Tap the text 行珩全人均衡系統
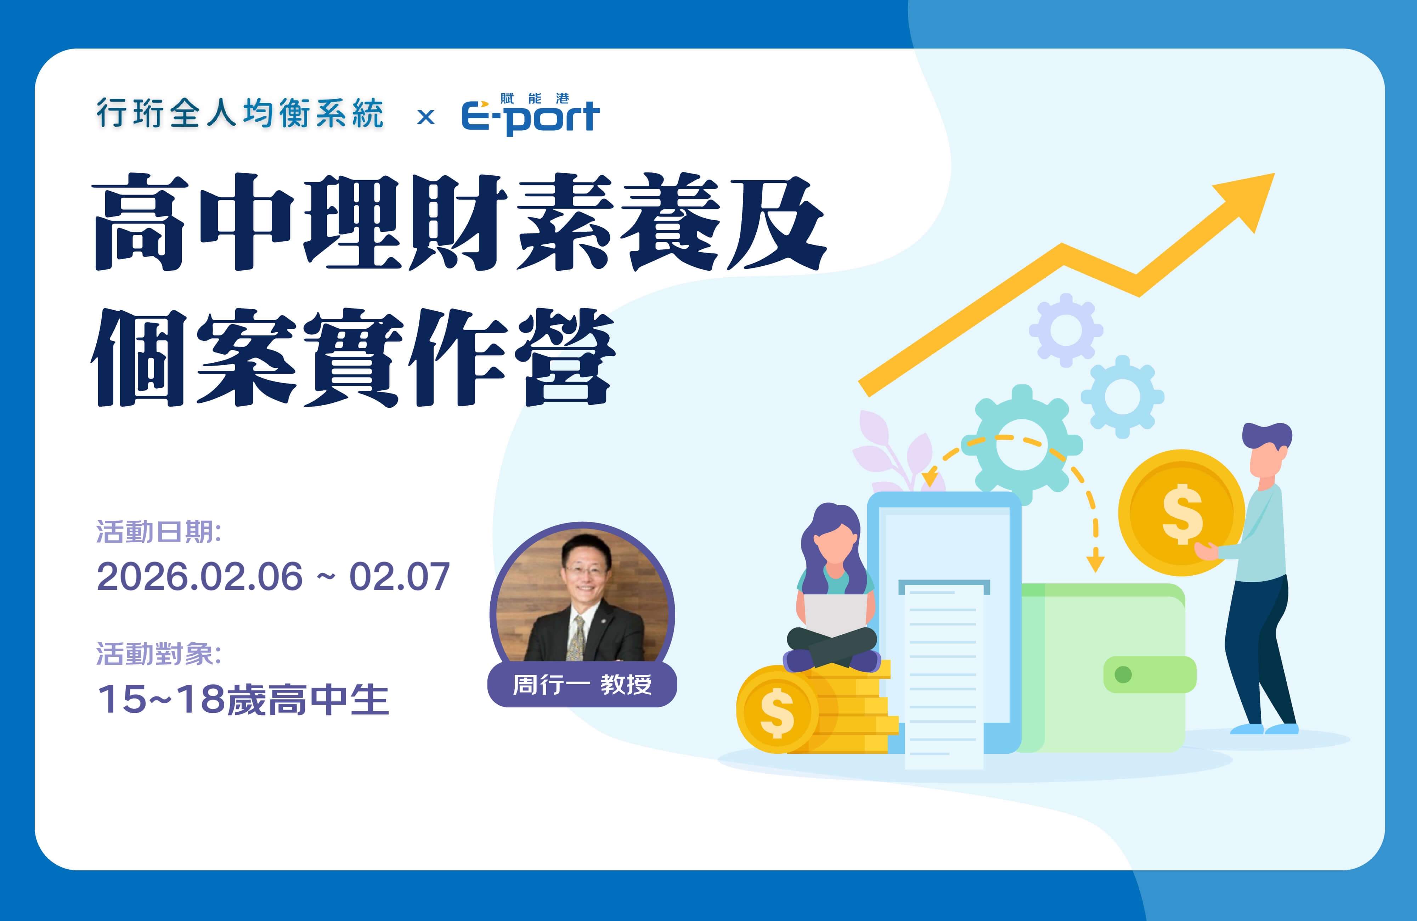pyautogui.click(x=240, y=113)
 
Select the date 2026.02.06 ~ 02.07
pyautogui.click(x=273, y=576)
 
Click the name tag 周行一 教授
pyautogui.click(x=582, y=685)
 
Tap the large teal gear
pyautogui.click(x=1022, y=445)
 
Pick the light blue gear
pyautogui.click(x=1122, y=396)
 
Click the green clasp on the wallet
pyautogui.click(x=1149, y=674)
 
